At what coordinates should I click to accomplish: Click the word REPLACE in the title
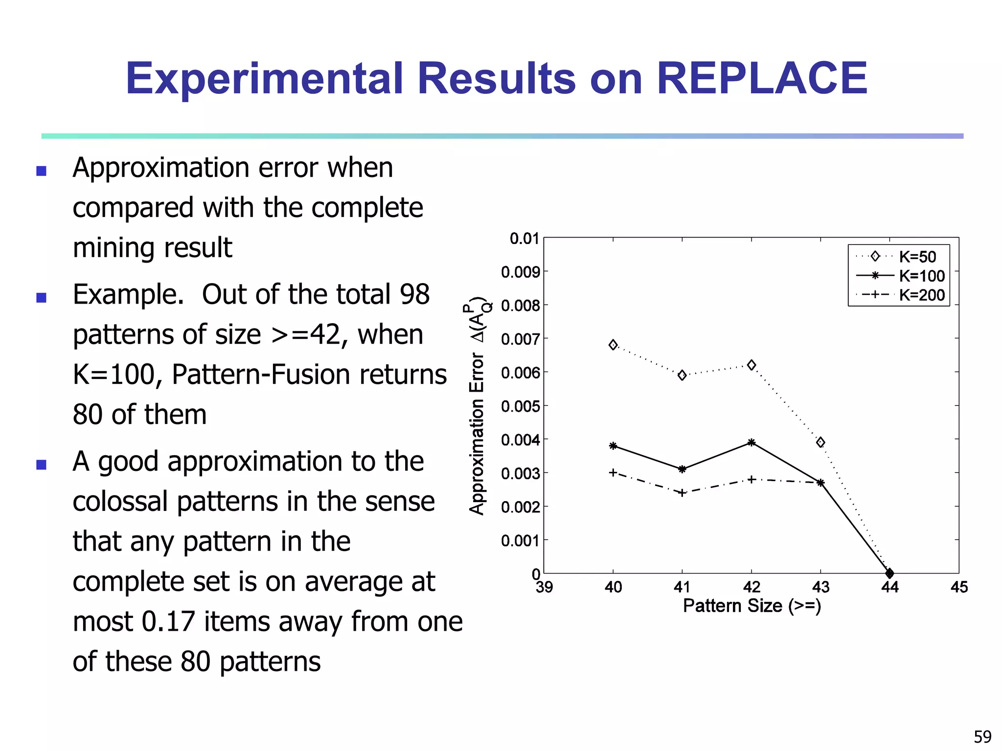[762, 79]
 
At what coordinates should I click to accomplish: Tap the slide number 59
[982, 736]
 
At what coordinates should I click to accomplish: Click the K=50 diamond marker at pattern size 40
[613, 345]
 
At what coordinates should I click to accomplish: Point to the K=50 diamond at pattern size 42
[751, 365]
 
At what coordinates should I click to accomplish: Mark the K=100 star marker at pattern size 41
[682, 469]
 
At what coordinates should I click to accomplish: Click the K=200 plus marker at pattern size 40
[613, 473]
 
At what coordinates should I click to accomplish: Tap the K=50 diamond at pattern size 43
[820, 442]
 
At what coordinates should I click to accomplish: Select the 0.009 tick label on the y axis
[520, 272]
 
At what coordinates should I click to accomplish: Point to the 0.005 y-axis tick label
[520, 406]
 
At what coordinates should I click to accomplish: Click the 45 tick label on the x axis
[959, 587]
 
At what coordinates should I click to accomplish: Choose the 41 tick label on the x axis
[682, 587]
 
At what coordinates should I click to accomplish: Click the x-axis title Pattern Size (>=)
[751, 606]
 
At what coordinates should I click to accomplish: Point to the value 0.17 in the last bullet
[168, 621]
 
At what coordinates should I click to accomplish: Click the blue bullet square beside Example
[42, 298]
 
